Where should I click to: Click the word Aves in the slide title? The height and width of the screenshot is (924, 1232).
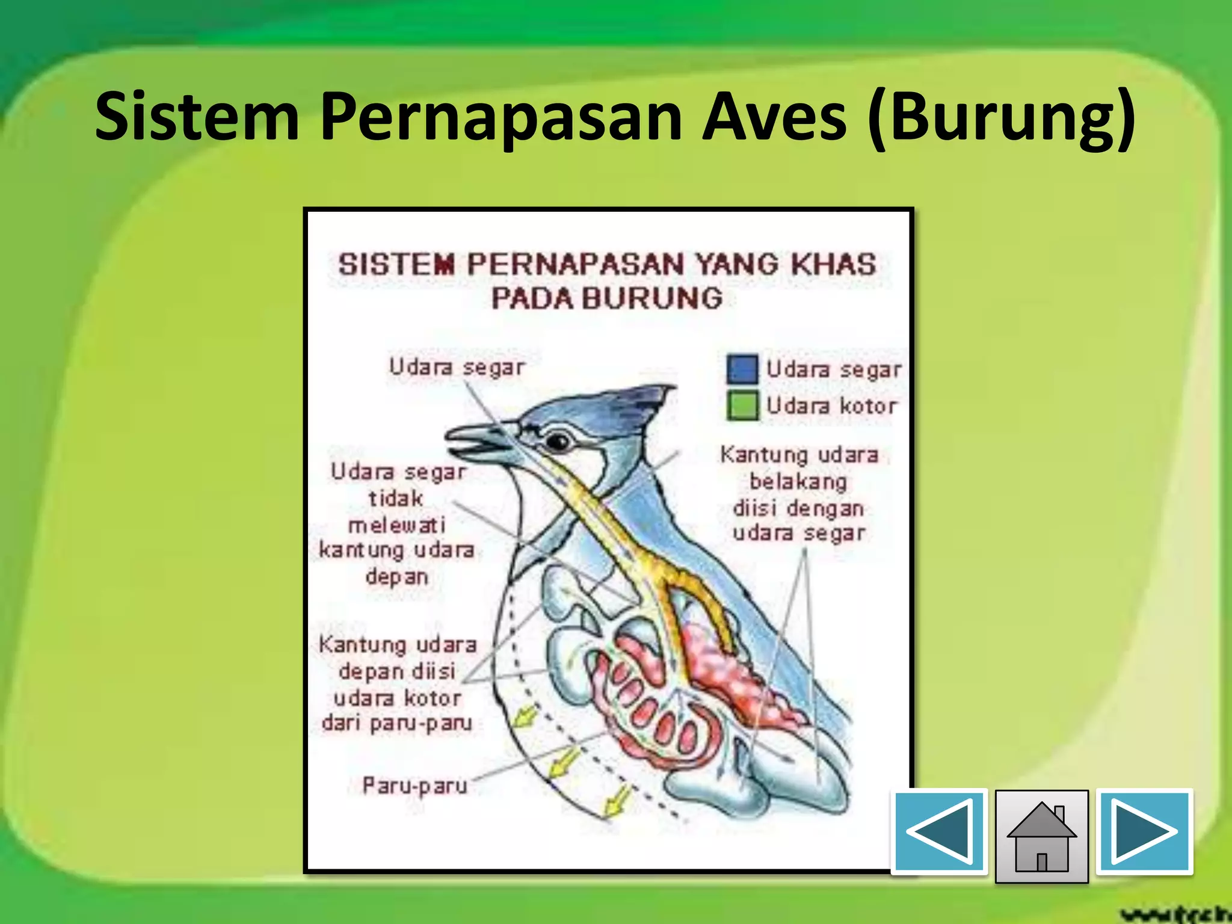click(774, 116)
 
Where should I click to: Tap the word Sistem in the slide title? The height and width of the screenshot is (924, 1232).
click(197, 116)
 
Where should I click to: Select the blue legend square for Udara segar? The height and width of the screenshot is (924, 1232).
click(742, 369)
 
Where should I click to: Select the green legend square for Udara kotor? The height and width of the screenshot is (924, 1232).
click(742, 405)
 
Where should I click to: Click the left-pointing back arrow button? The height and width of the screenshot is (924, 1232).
click(939, 831)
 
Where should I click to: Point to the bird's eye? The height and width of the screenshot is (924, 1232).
click(558, 442)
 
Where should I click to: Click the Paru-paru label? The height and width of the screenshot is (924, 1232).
click(414, 786)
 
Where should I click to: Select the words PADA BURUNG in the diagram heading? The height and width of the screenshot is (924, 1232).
click(607, 298)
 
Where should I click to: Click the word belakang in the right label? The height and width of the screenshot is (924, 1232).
click(798, 481)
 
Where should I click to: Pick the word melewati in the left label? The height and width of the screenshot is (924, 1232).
click(397, 525)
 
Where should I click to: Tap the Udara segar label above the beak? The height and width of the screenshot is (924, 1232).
click(457, 367)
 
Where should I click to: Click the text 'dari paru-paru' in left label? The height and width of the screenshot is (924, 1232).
click(397, 722)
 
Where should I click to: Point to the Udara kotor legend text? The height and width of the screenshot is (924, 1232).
click(831, 406)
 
